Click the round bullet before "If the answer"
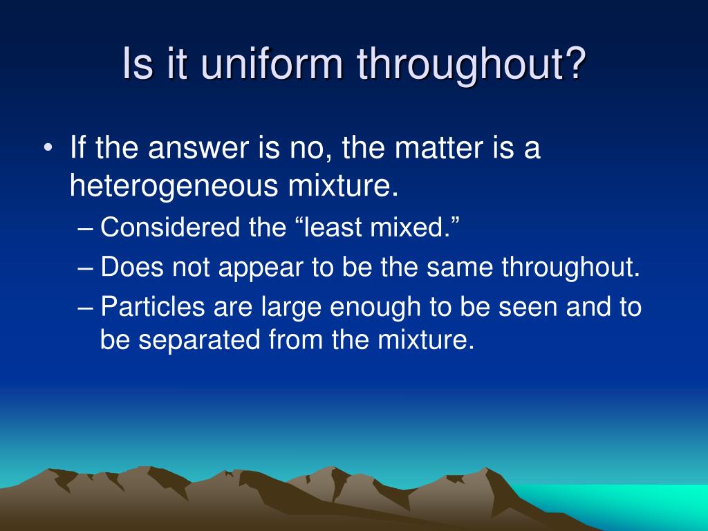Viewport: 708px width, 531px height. point(48,148)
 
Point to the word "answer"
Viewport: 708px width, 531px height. point(198,148)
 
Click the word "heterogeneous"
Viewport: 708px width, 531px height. point(174,186)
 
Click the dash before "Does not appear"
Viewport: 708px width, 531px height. point(85,268)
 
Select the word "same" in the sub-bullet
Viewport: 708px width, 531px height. point(460,268)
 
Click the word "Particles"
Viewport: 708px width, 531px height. point(153,306)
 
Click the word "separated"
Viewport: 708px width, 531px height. point(199,339)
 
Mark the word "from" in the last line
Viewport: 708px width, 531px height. point(295,339)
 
